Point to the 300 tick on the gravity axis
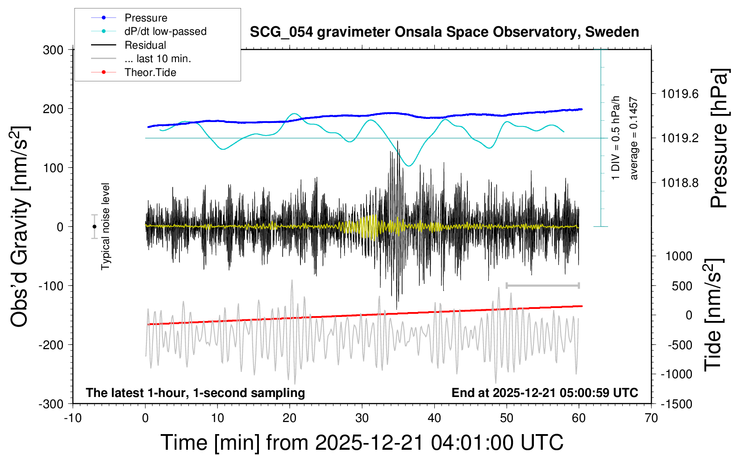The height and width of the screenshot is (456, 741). click(x=53, y=50)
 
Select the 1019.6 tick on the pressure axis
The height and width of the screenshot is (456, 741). click(x=680, y=94)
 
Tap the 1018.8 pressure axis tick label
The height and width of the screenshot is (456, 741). click(x=680, y=182)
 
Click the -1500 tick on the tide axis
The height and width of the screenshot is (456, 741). click(x=676, y=404)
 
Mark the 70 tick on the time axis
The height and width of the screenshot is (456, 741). click(x=651, y=418)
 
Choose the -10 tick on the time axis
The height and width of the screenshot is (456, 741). click(x=73, y=418)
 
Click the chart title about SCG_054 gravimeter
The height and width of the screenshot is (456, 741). click(x=444, y=32)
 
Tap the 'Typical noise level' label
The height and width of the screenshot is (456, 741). click(x=105, y=226)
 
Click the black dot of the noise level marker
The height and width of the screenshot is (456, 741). click(x=94, y=227)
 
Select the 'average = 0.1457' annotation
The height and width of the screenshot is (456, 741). click(x=634, y=139)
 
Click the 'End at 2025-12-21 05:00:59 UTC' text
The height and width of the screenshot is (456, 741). click(x=545, y=393)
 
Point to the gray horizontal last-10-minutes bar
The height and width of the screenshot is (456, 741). click(x=542, y=285)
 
